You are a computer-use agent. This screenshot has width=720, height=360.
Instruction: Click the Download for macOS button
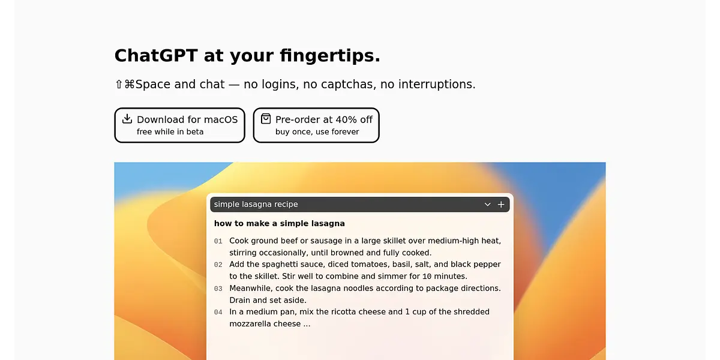(179, 125)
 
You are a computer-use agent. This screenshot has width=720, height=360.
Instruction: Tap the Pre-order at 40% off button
(316, 125)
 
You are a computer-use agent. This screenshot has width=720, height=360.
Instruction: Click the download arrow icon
(127, 119)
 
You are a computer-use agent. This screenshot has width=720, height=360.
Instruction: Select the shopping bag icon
(266, 119)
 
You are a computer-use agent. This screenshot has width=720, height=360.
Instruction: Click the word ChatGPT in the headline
(156, 55)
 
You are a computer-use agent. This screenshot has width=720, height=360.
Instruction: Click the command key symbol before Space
(129, 84)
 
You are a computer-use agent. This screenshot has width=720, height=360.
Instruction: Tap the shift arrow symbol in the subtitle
(119, 84)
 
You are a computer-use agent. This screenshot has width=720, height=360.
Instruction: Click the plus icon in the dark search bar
(501, 205)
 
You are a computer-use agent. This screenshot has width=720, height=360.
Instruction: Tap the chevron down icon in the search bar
(488, 205)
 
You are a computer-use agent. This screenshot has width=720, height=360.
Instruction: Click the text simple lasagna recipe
(256, 205)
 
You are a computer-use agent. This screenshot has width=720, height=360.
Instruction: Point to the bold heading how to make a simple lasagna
(280, 223)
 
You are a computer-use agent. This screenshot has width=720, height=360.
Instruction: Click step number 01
(218, 241)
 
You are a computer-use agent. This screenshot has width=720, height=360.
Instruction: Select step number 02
(218, 265)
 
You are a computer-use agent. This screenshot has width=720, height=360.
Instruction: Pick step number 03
(218, 289)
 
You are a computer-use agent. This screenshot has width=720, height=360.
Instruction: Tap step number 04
(218, 312)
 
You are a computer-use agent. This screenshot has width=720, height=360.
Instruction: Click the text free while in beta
(170, 132)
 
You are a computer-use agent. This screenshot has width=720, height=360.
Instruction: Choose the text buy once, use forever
(317, 132)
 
